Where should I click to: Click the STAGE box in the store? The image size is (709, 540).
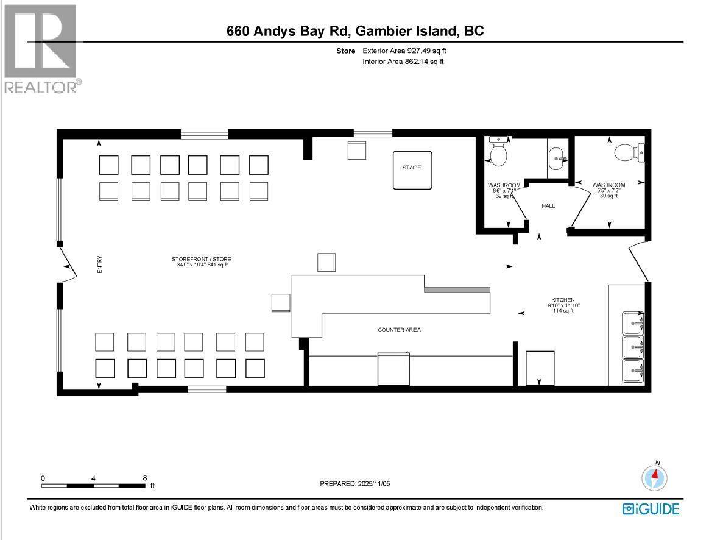pos(412,169)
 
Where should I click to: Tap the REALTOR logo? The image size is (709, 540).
pos(41,49)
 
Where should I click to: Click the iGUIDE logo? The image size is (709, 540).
pos(651,509)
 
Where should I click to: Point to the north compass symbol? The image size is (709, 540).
pos(655,477)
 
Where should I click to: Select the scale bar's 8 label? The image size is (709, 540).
pos(145,478)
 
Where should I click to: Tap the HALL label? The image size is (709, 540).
pos(548,206)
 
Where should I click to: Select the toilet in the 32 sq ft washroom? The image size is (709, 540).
pos(499,154)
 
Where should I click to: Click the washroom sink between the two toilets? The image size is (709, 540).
pos(557,160)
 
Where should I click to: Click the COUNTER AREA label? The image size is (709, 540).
pos(399,330)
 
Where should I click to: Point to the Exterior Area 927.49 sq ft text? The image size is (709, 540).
pos(409,51)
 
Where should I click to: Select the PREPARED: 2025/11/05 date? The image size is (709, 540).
pos(359,483)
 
